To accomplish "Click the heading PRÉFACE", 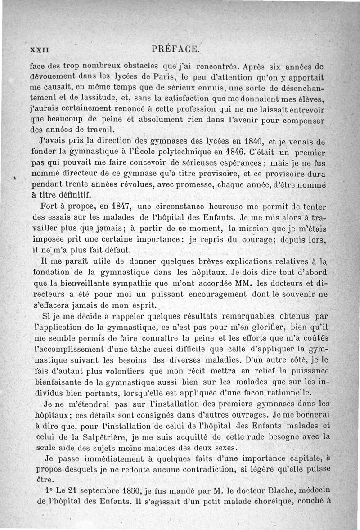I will [176, 48].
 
